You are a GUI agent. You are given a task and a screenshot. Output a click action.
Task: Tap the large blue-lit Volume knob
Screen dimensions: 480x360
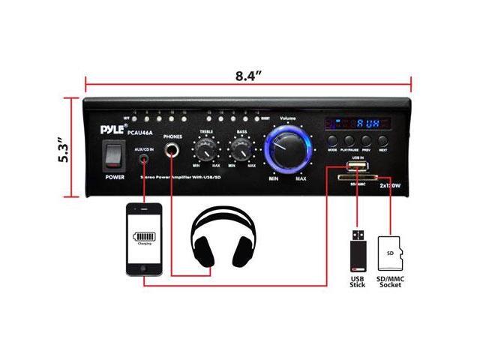pyautogui.click(x=286, y=145)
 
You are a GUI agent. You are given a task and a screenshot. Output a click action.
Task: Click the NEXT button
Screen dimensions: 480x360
pyautogui.click(x=384, y=141)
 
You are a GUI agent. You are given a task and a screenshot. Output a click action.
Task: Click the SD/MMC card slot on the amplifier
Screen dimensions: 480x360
pyautogui.click(x=355, y=178)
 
